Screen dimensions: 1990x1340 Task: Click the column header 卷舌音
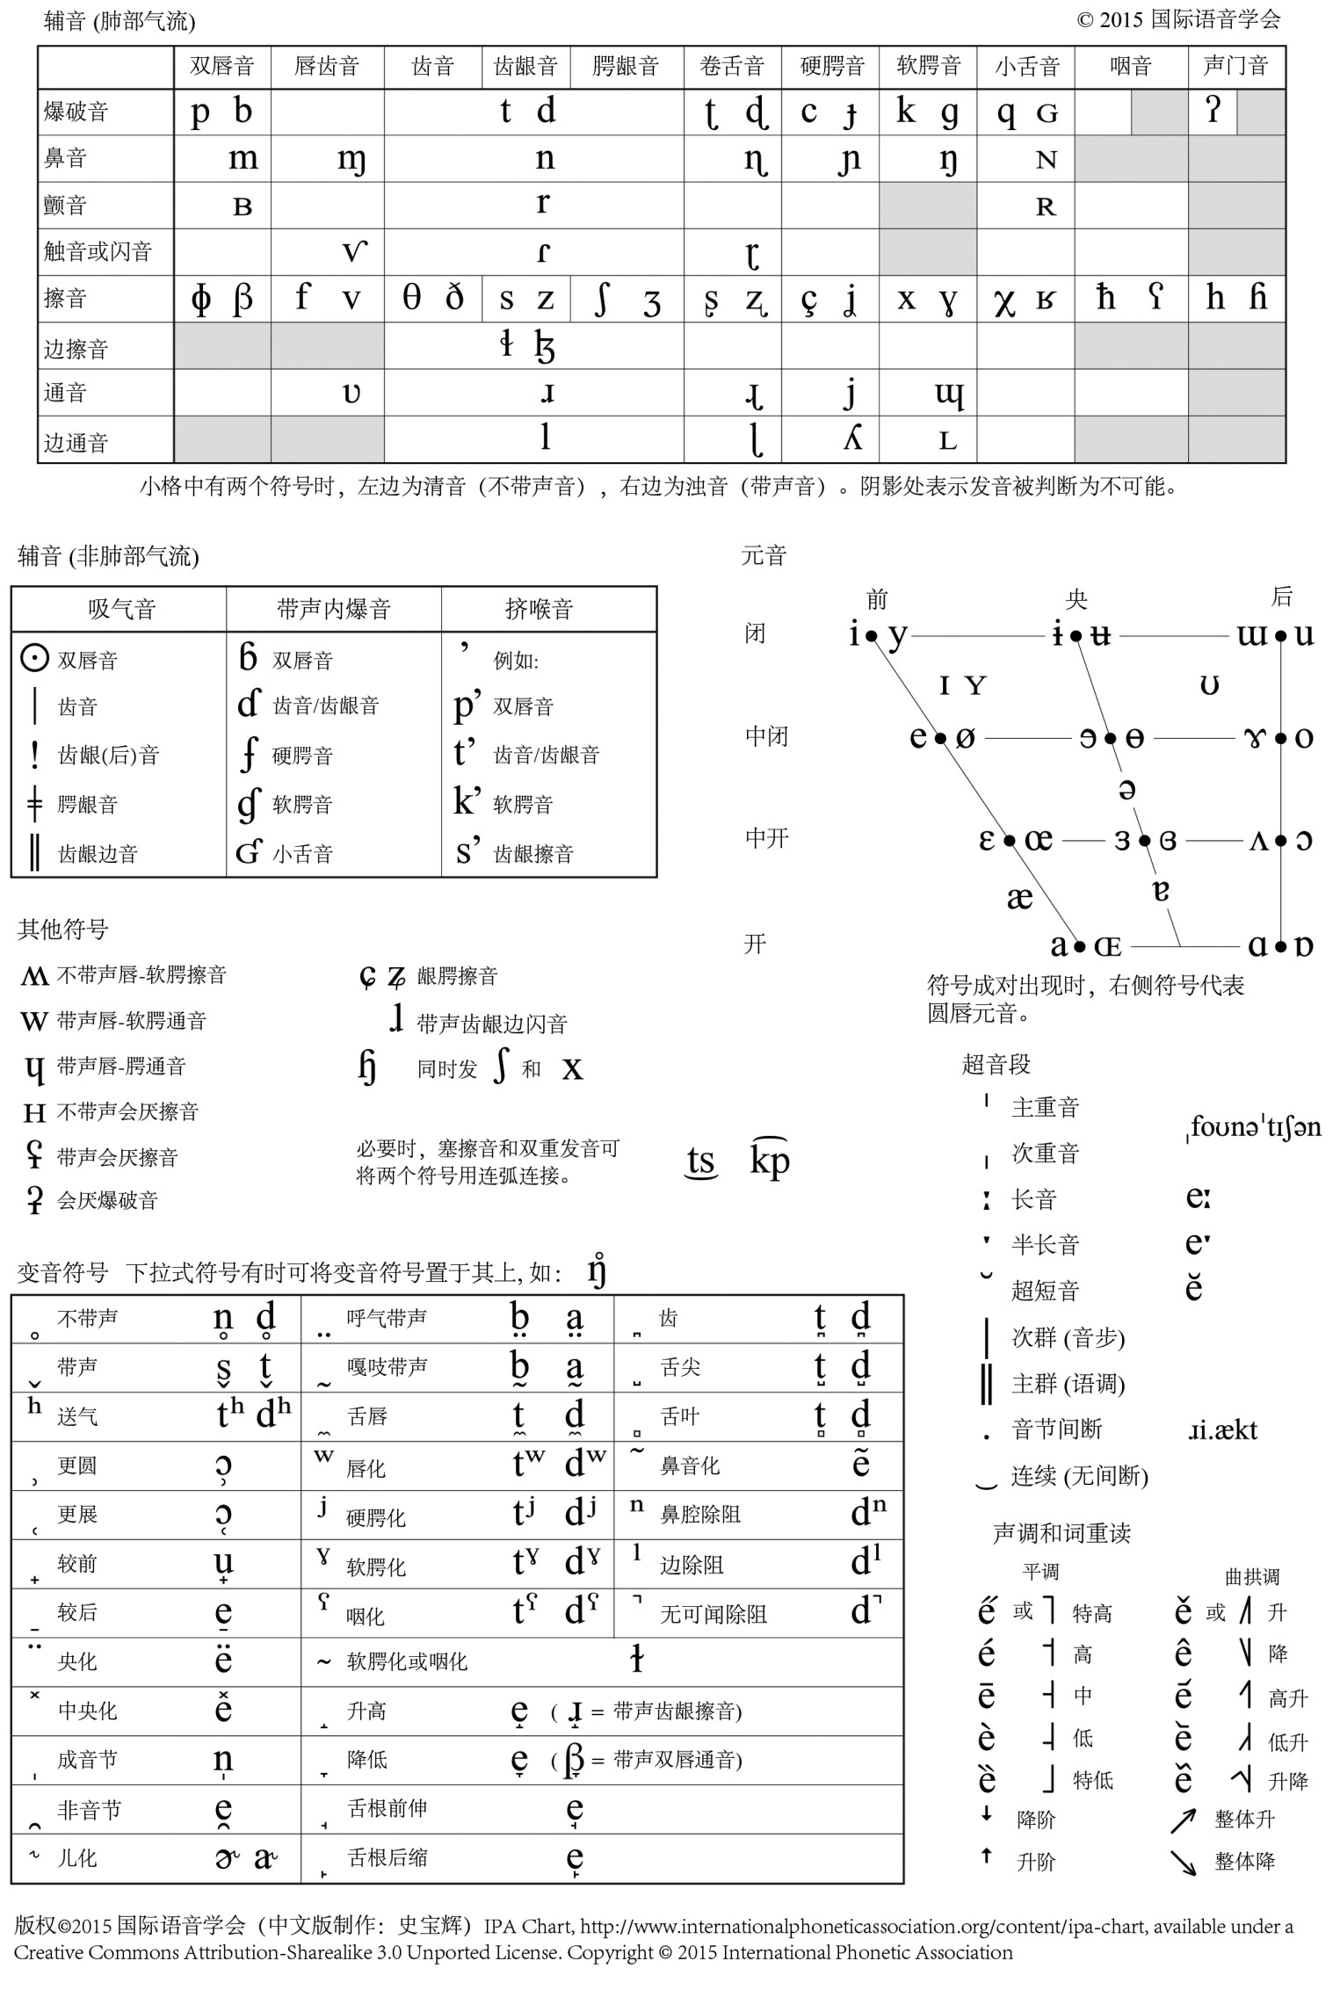[732, 66]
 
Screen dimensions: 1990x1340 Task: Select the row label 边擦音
[76, 350]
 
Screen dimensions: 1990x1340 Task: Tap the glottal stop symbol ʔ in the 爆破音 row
[1213, 112]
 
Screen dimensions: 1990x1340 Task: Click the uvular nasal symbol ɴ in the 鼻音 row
[1046, 160]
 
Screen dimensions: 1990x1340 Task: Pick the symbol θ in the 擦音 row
[411, 299]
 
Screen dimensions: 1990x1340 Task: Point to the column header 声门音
[1235, 66]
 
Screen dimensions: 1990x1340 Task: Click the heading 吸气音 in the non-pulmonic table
[121, 609]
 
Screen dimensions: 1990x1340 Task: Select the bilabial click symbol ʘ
[33, 658]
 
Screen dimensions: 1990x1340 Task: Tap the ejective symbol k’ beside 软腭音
[467, 802]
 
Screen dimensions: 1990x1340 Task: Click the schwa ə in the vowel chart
[1126, 790]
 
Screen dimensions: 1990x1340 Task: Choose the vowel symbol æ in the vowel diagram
[1019, 897]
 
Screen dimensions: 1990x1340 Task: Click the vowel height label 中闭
[766, 736]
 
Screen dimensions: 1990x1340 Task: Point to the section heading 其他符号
[62, 930]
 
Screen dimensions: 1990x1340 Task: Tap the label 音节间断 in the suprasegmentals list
[1056, 1429]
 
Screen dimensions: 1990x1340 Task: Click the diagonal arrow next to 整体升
[1183, 1820]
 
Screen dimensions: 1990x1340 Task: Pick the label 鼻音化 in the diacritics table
[690, 1465]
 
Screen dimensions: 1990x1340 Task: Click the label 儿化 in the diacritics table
[77, 1858]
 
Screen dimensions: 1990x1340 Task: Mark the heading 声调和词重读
[1061, 1533]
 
